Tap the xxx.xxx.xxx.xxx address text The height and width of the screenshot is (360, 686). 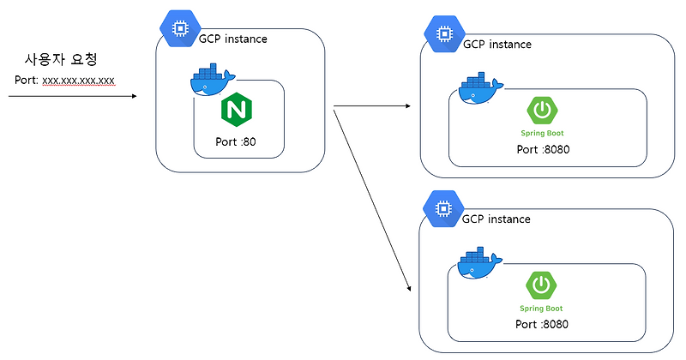[x=79, y=81]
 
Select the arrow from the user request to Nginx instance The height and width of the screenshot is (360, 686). [x=72, y=97]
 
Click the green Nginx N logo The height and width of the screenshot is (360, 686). [x=236, y=110]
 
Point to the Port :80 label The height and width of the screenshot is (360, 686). [x=236, y=142]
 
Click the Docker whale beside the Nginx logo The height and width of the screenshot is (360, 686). [x=209, y=81]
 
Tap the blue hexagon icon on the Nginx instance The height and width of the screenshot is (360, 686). [x=180, y=28]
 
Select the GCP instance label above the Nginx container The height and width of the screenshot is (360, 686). [x=232, y=39]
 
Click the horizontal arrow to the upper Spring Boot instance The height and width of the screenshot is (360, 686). [x=370, y=107]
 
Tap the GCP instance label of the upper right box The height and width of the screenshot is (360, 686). [x=496, y=45]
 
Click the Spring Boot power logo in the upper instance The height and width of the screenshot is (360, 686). [x=542, y=111]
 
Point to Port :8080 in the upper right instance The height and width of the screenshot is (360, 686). [x=543, y=149]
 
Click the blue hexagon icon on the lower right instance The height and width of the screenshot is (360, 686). [x=442, y=208]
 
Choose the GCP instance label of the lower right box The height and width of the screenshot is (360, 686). [x=496, y=219]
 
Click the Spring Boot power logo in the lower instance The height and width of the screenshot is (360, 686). [x=542, y=285]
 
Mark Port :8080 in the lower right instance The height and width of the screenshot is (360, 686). [x=543, y=324]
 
